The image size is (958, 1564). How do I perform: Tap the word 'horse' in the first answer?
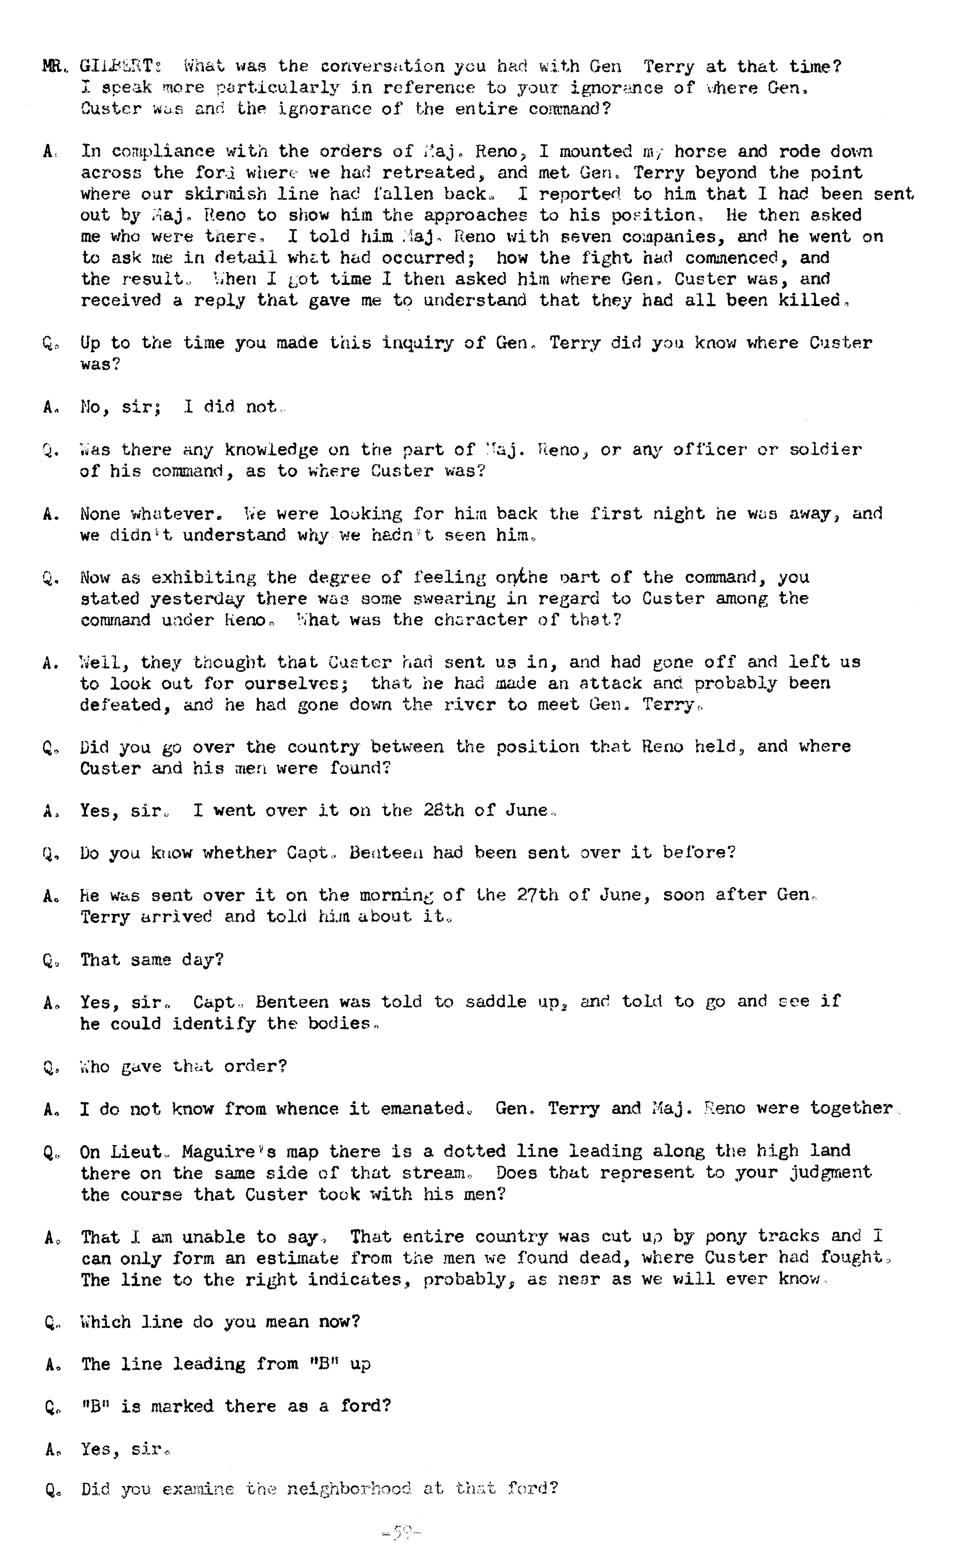tap(700, 152)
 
